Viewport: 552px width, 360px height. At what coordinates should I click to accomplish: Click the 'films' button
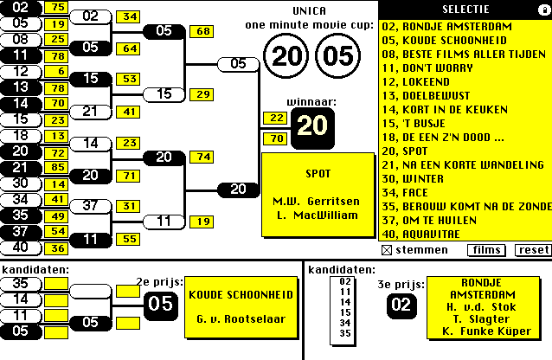pos(486,250)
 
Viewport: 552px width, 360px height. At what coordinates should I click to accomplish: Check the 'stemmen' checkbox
pos(386,250)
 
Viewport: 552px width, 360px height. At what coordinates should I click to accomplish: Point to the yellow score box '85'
pos(59,167)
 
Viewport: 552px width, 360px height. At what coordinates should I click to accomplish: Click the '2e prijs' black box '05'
pos(159,304)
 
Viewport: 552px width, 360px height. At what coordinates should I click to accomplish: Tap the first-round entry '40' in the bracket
pos(21,247)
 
